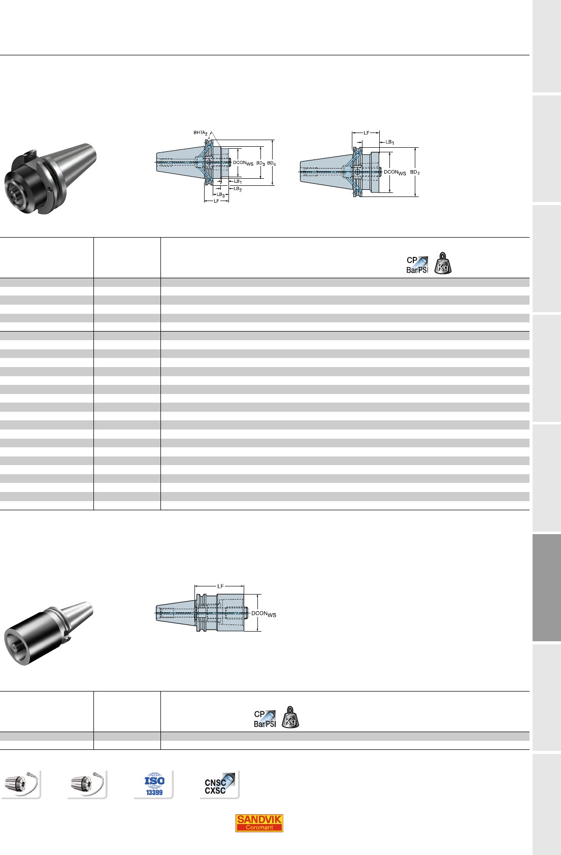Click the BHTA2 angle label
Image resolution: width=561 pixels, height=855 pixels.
point(201,133)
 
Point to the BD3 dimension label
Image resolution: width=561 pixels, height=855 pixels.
point(260,163)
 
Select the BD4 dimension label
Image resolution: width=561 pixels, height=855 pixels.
point(271,163)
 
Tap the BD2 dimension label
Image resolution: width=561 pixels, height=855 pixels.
point(415,173)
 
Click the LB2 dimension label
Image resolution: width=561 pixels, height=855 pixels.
point(238,188)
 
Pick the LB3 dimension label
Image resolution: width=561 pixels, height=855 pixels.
point(220,194)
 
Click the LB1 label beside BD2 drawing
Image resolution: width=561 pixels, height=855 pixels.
point(389,142)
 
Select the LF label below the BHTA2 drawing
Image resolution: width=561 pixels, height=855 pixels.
point(216,201)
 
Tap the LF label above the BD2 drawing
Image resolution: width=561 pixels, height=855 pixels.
point(367,133)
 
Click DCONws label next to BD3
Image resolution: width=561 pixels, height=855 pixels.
point(243,163)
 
